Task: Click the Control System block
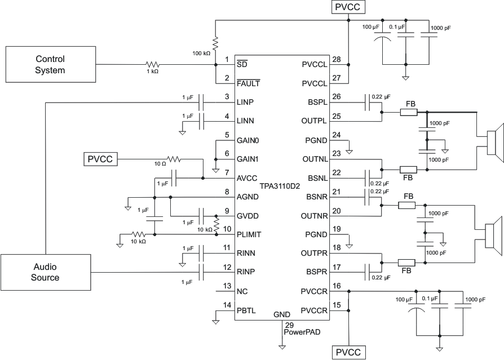(x=50, y=65)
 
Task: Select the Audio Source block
(x=45, y=273)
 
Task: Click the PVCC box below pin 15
(x=350, y=353)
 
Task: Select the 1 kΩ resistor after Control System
(x=152, y=65)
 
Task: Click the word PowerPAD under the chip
(x=302, y=332)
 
